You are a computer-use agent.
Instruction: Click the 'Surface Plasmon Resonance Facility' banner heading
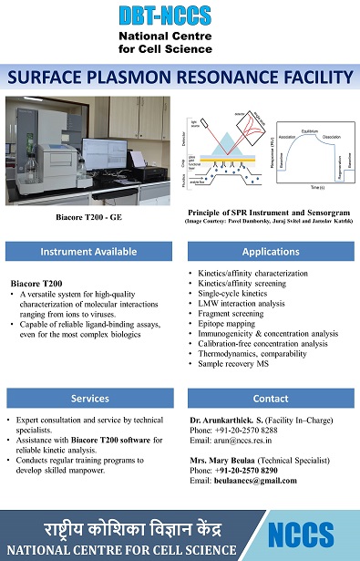[x=180, y=78]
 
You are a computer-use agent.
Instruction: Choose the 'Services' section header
[x=90, y=399]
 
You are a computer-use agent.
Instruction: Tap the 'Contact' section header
[x=271, y=399]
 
